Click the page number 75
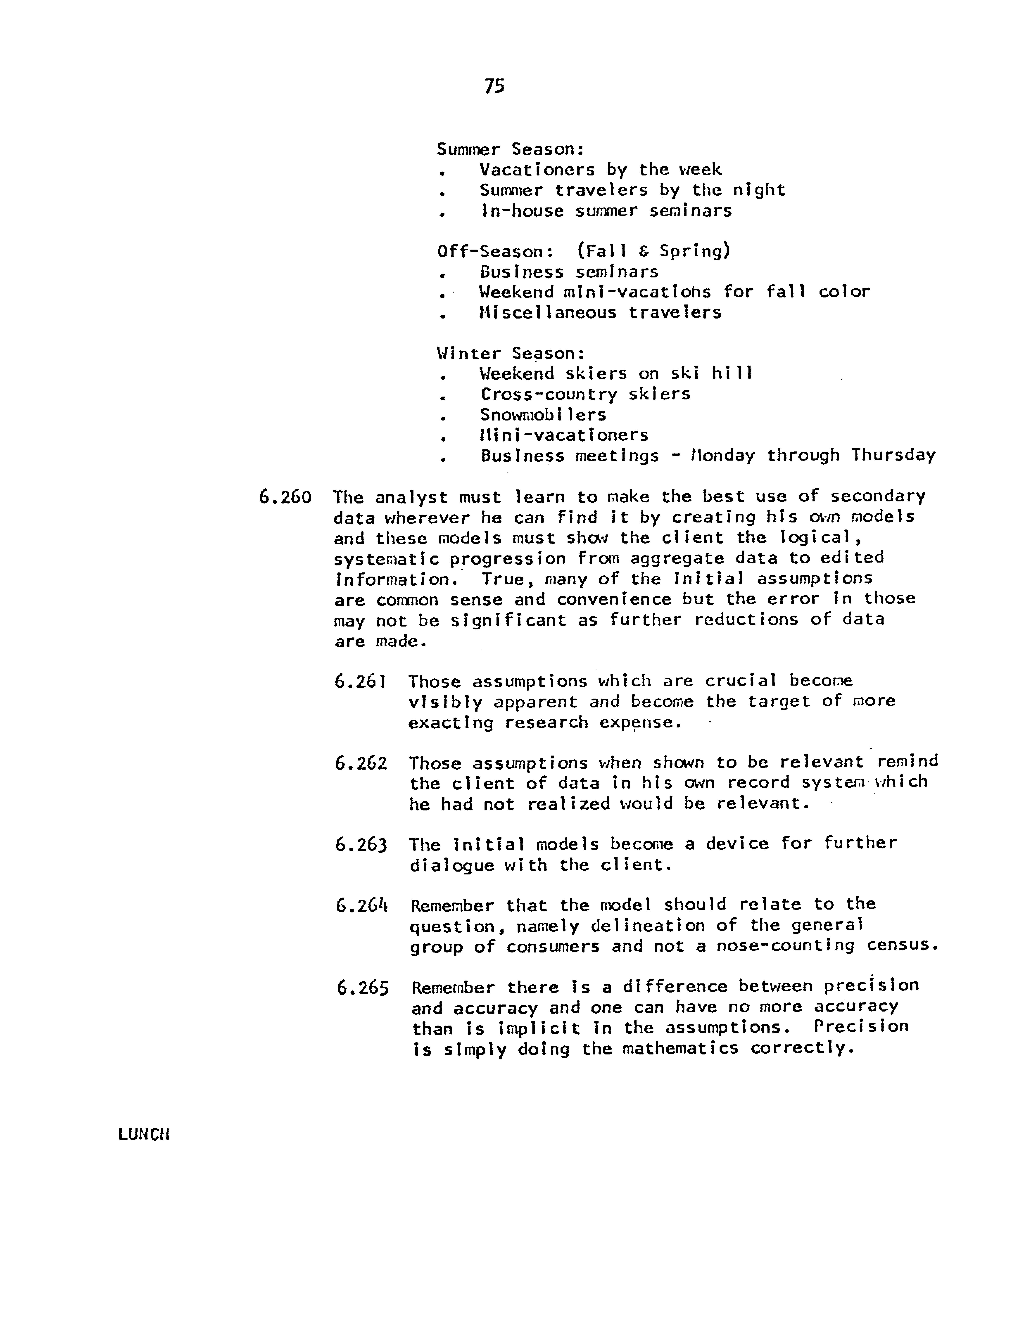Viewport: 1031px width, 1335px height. (x=494, y=87)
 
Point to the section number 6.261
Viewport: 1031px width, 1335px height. (x=360, y=681)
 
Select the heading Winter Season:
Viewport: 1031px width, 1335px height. (x=511, y=353)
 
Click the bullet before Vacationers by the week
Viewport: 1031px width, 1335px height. (x=441, y=174)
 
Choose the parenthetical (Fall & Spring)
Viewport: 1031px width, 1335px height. (x=653, y=251)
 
